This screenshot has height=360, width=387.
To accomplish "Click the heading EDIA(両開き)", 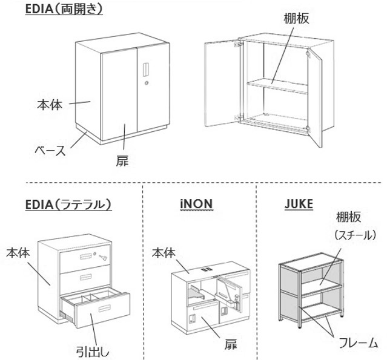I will click(x=64, y=9).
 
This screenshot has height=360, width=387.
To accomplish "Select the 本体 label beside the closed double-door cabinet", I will click(x=49, y=105).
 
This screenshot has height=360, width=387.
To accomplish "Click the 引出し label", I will click(x=92, y=350).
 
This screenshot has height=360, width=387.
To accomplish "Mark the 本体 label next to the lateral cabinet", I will click(x=19, y=250).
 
